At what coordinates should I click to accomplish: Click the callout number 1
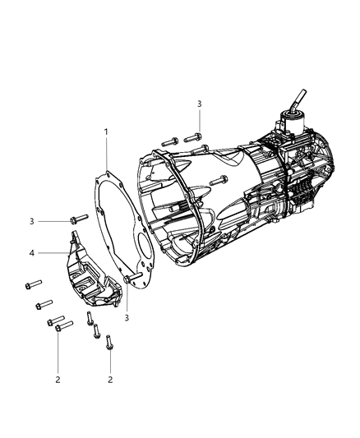(x=105, y=131)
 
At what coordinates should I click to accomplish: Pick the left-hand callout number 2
(x=58, y=379)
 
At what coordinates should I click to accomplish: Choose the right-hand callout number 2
(x=110, y=380)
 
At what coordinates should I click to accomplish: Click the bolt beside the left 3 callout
(x=79, y=219)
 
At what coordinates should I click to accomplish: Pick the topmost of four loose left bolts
(x=33, y=287)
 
